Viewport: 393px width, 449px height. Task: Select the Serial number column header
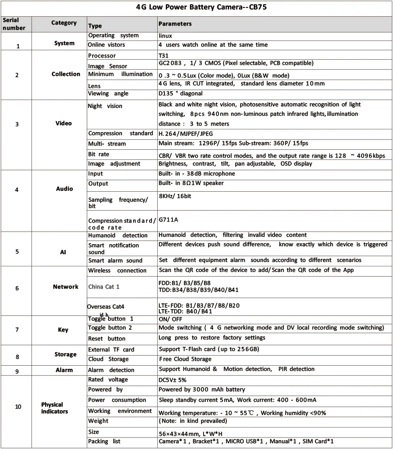[x=12, y=24]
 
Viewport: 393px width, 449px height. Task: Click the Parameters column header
[x=175, y=24]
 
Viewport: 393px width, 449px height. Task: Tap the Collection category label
[x=65, y=74]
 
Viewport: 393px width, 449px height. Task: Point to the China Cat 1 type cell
[x=104, y=287]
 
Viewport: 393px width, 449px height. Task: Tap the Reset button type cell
[x=106, y=338]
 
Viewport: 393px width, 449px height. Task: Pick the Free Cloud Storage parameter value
[x=185, y=359]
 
